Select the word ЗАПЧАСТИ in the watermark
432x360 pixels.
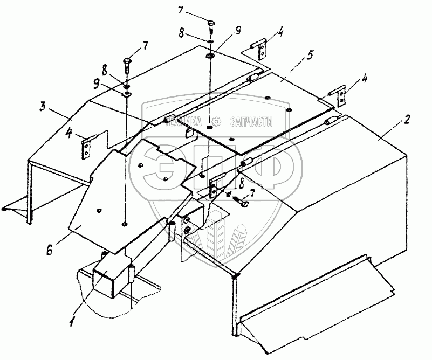tap(251, 122)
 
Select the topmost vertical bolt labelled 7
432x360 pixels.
tap(211, 25)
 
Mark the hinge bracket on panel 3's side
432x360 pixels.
tap(86, 148)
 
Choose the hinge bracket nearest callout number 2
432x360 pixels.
tap(341, 98)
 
